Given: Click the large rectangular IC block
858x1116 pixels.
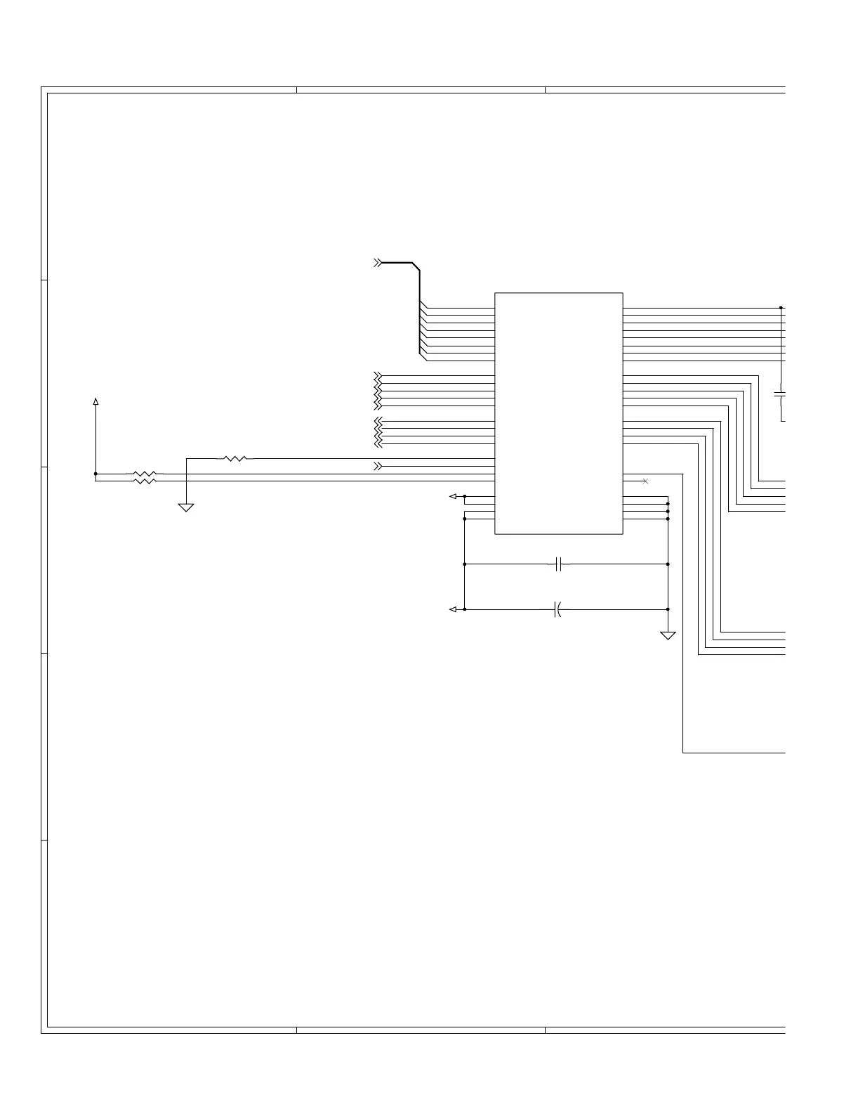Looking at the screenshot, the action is (558, 413).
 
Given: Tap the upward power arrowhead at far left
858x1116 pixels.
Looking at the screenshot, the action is (95, 402).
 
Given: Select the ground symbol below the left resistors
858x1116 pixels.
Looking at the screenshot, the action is (186, 507).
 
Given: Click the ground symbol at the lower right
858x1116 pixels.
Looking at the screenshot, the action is (668, 635).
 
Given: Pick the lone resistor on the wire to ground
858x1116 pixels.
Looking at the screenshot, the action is (235, 458).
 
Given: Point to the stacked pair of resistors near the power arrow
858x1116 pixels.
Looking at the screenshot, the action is (144, 477).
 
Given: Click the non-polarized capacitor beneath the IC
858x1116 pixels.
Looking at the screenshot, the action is (559, 564).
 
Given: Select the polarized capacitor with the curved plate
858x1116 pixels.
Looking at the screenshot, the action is (557, 609).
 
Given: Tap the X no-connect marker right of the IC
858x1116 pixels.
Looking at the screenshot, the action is (645, 481).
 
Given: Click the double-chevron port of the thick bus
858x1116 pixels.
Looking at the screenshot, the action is (378, 263).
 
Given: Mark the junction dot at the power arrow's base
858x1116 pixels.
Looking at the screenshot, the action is (95, 474).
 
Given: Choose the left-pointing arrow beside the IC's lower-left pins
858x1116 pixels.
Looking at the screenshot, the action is (454, 496).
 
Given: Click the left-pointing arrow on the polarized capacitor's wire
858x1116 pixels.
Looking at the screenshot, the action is (454, 609).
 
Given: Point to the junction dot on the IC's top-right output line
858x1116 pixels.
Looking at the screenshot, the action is (781, 308).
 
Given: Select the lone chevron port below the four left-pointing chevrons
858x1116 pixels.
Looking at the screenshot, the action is (378, 466).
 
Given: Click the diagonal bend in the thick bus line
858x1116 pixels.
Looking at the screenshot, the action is (415, 267).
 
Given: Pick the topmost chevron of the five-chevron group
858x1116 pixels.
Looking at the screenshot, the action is (378, 375).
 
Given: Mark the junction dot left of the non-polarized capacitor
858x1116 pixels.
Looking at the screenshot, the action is (465, 564).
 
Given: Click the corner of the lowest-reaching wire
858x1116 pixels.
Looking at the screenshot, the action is (683, 753).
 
